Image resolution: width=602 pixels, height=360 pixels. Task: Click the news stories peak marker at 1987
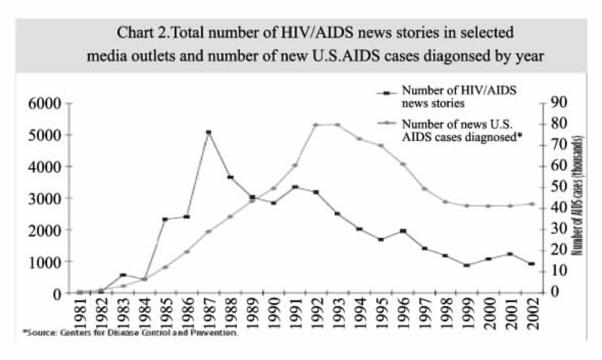(x=208, y=133)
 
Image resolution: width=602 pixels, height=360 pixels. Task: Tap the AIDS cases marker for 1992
(x=316, y=124)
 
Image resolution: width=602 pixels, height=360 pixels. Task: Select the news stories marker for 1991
(x=294, y=187)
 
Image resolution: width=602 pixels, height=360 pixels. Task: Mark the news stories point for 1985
(x=165, y=219)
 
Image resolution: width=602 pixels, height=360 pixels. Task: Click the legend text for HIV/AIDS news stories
(x=459, y=96)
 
